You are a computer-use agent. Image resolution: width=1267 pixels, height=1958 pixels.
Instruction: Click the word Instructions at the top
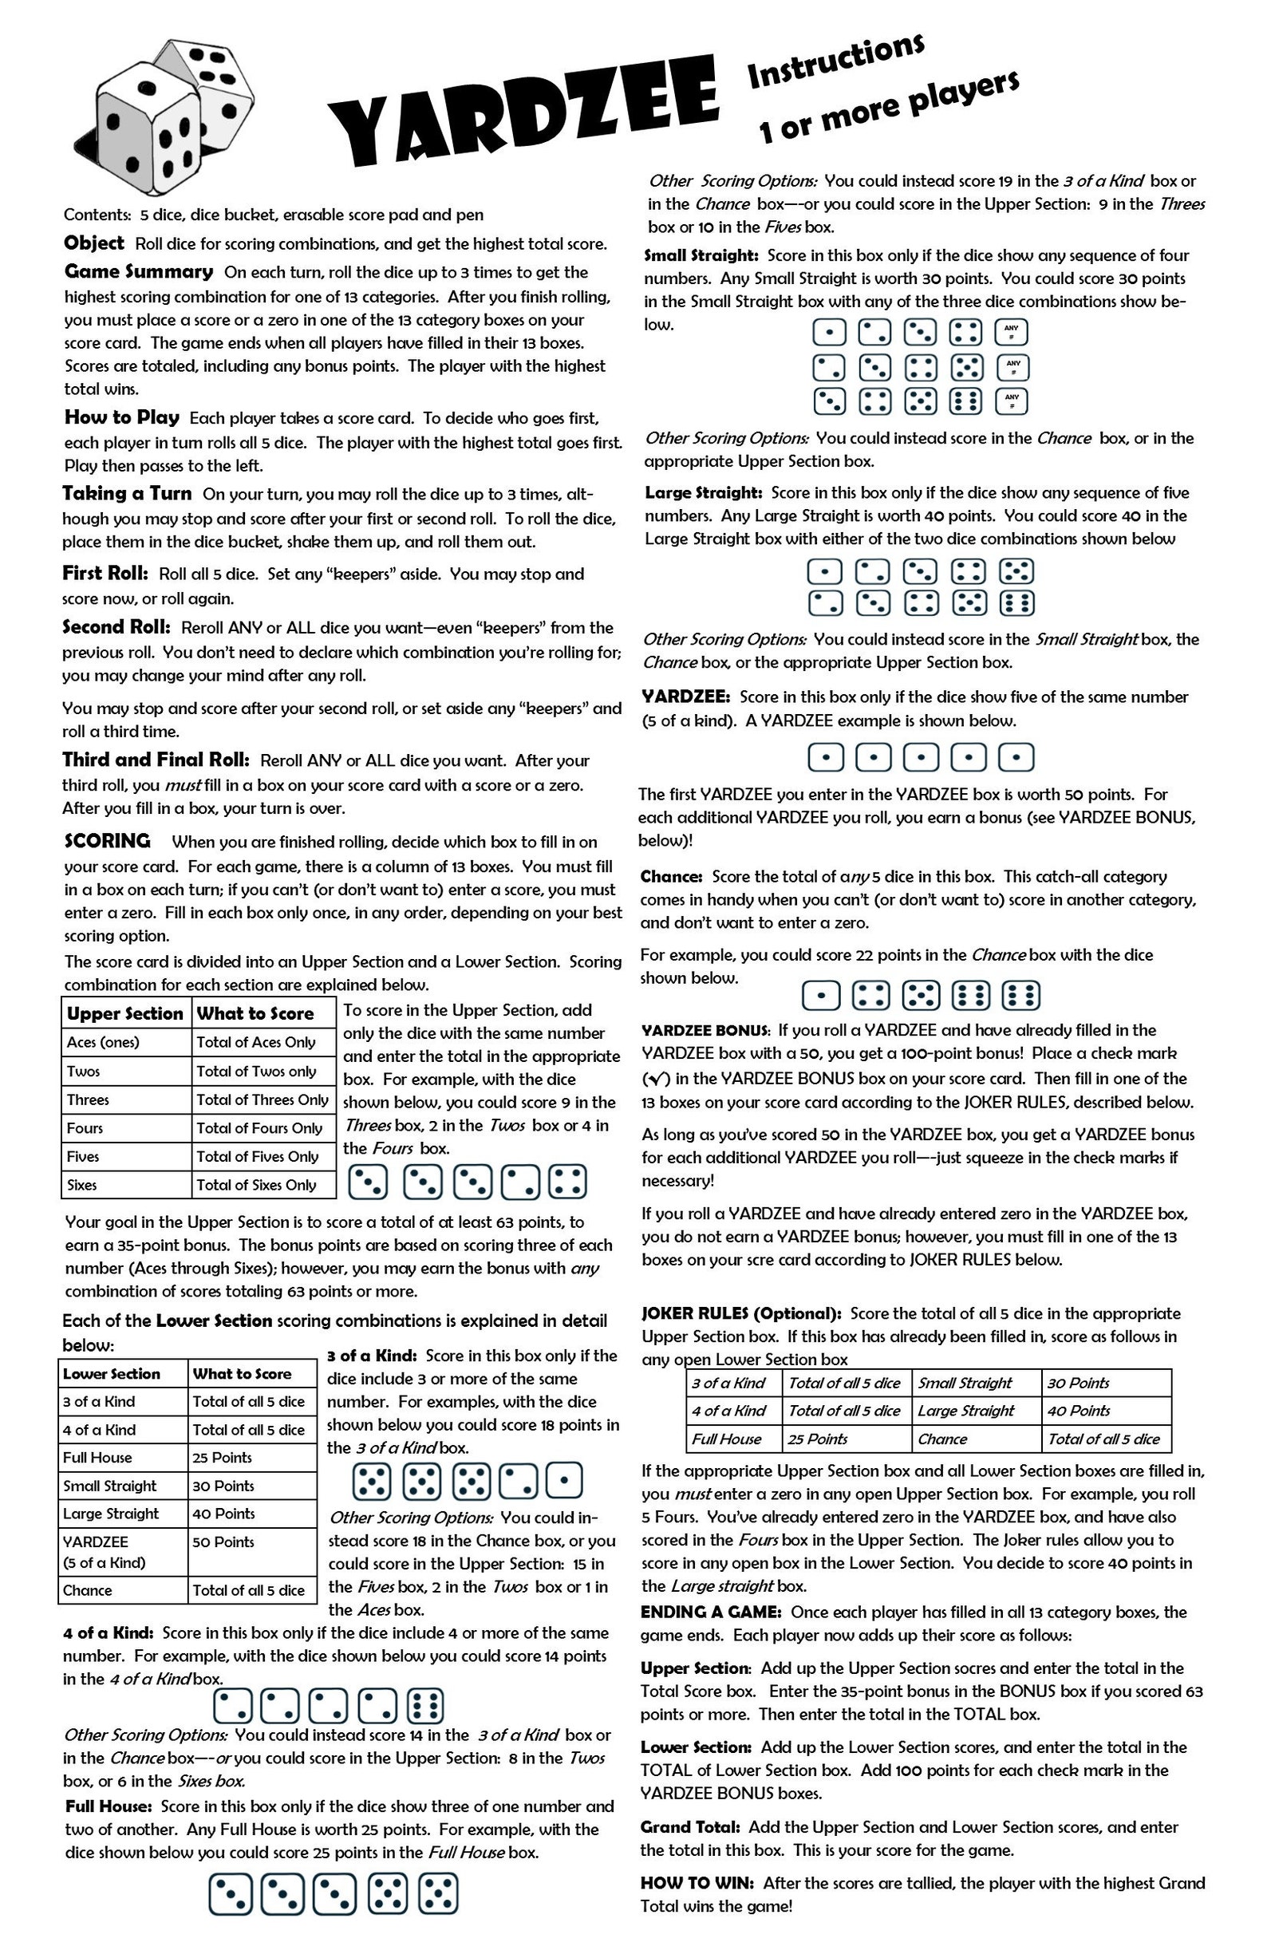point(835,61)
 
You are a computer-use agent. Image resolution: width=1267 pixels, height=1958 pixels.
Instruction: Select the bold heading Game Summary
point(138,271)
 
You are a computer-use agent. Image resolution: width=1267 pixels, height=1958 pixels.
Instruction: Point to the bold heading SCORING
point(108,841)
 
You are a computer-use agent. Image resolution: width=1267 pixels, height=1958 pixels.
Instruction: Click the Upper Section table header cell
point(125,1013)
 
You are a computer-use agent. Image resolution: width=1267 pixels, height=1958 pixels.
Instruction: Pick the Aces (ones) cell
point(104,1042)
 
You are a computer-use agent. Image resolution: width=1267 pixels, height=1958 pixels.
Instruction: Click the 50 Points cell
point(223,1542)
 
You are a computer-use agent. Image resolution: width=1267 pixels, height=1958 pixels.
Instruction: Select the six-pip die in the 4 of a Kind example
point(426,1705)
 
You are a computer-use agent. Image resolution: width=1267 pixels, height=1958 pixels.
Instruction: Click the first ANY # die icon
point(1011,333)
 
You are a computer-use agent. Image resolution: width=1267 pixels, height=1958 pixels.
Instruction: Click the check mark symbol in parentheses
point(654,1079)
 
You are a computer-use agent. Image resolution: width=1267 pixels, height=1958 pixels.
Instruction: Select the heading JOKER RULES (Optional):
point(741,1314)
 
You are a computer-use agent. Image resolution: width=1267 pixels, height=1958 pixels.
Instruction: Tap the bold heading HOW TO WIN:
point(698,1883)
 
